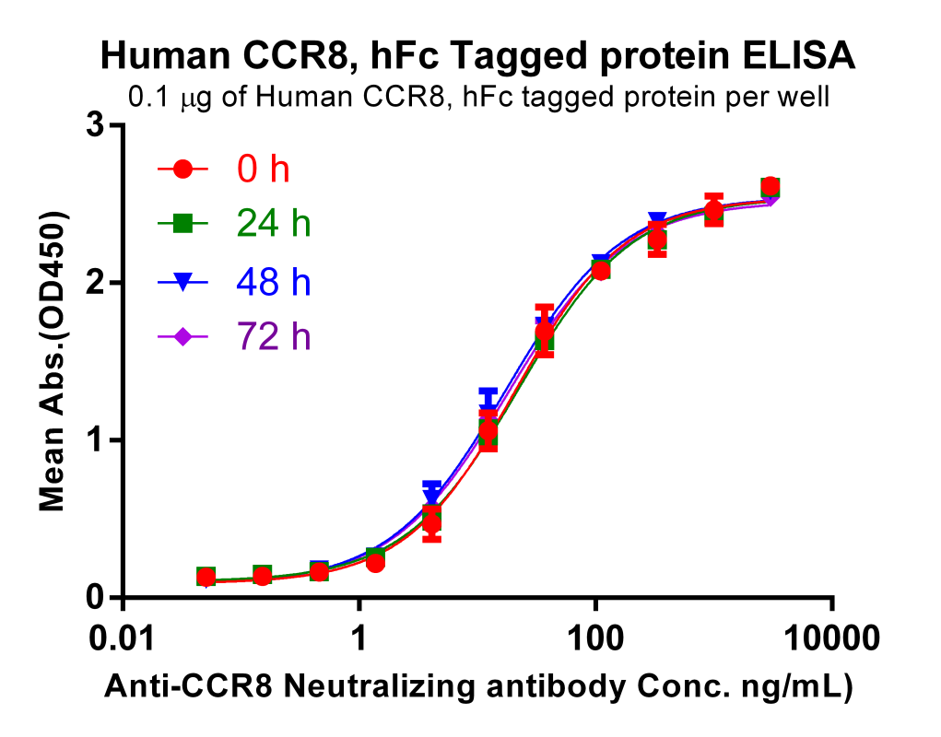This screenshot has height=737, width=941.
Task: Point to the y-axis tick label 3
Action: [x=94, y=125]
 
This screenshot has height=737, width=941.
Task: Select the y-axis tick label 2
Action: [x=94, y=283]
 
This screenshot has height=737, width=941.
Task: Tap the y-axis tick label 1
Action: [x=94, y=440]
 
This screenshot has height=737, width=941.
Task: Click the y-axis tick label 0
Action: [x=94, y=598]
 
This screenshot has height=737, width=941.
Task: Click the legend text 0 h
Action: [x=264, y=170]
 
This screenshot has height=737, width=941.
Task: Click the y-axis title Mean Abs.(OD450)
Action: [x=53, y=361]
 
